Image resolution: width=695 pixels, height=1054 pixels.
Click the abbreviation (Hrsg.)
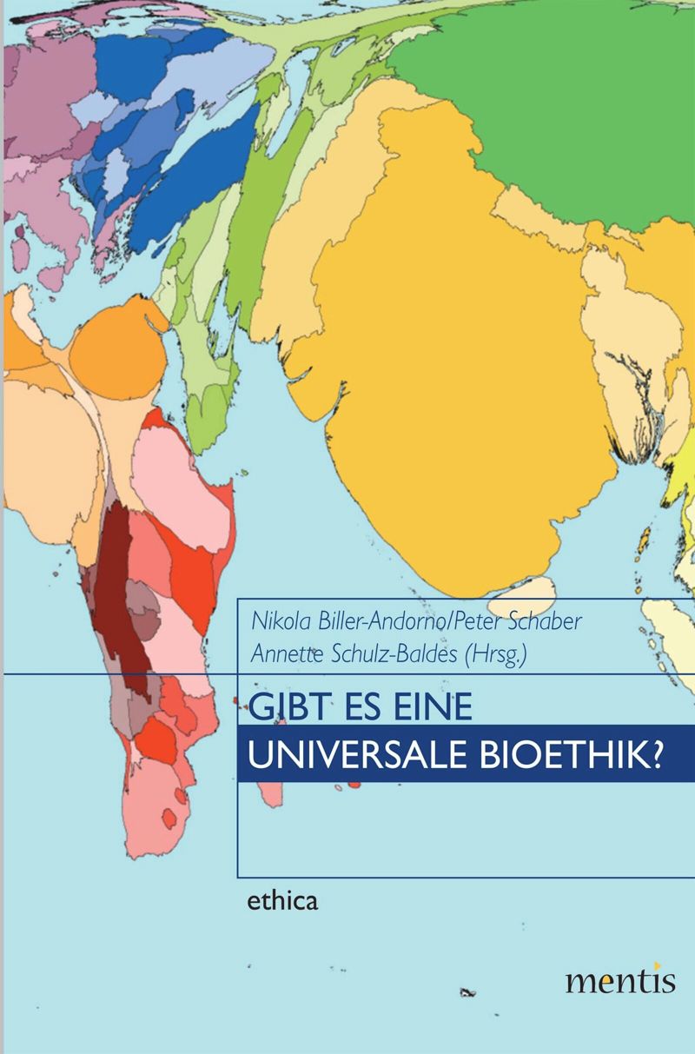(495, 655)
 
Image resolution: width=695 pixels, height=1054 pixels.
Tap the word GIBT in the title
(280, 707)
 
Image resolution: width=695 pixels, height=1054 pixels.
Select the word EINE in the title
(428, 707)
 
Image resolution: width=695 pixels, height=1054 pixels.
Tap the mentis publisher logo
(619, 980)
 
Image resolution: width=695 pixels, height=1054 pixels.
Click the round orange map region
(116, 356)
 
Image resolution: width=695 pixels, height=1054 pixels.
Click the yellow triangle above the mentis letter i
(659, 965)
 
